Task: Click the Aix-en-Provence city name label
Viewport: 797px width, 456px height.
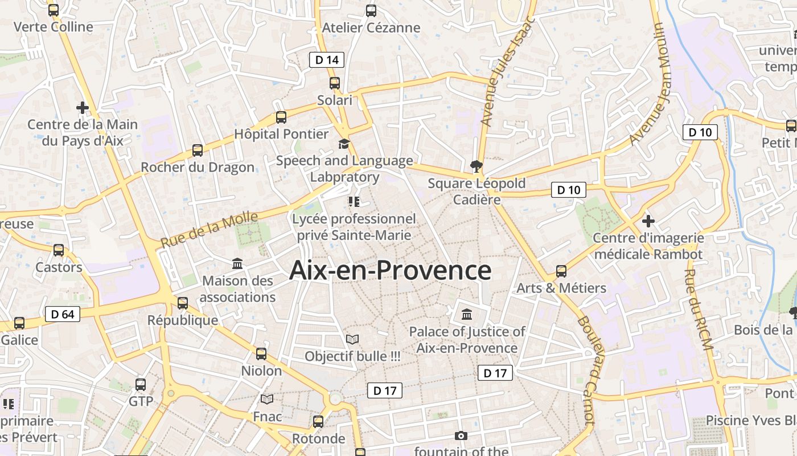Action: (x=390, y=270)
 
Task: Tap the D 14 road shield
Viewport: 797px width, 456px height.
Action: (x=327, y=59)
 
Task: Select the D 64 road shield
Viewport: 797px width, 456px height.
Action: (x=63, y=314)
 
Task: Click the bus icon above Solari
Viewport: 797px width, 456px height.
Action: (x=335, y=83)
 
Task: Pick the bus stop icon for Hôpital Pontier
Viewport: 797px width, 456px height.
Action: (x=281, y=117)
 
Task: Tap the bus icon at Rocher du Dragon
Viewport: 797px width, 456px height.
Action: (x=198, y=150)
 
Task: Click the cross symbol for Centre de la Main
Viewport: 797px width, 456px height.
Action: (x=83, y=107)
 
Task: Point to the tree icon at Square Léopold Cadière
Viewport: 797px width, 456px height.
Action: (x=476, y=166)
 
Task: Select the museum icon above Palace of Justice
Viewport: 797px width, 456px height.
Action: (x=467, y=314)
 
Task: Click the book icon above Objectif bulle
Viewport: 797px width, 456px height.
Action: (x=352, y=340)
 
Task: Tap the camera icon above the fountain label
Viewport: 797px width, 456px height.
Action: (x=461, y=436)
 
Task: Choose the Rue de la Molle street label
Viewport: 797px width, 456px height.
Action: (x=209, y=229)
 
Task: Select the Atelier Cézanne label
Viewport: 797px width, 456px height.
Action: (x=371, y=27)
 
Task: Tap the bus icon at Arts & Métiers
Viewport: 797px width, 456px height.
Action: (x=561, y=271)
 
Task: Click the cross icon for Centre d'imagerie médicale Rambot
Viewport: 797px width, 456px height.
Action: (x=648, y=221)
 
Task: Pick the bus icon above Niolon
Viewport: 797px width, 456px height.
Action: (x=261, y=354)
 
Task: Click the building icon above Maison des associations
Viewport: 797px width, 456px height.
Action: (x=237, y=264)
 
